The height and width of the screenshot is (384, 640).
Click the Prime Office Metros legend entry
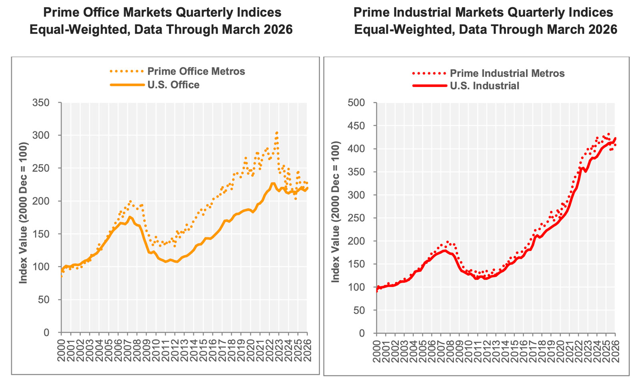pos(196,71)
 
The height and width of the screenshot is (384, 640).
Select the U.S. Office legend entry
pos(173,85)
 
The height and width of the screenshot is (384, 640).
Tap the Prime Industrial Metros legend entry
pos(507,73)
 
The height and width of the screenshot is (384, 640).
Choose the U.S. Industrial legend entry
pos(484,86)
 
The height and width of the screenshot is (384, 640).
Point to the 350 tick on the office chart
pos(41,103)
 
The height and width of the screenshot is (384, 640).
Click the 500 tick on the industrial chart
pos(356,103)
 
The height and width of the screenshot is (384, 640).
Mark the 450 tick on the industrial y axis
pos(356,126)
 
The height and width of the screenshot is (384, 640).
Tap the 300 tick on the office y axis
pos(41,135)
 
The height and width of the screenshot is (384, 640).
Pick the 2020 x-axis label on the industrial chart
pos(560,350)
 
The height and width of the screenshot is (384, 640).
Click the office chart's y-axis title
pos(23,213)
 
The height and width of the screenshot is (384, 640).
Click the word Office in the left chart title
pos(103,12)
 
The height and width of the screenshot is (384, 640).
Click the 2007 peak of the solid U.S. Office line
pos(130,217)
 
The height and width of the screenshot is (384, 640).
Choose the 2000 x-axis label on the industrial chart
pos(376,350)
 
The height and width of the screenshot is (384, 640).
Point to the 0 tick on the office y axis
pos(46,332)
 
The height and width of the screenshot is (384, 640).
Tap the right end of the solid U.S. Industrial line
pos(615,138)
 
